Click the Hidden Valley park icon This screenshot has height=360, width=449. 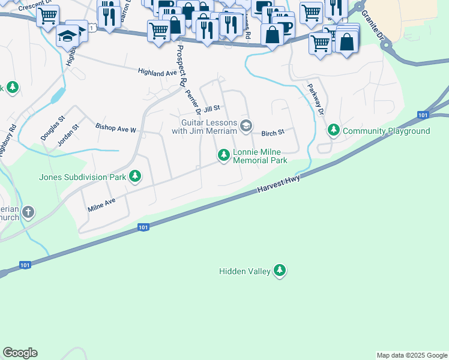point(279,271)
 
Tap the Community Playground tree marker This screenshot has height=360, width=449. point(333,130)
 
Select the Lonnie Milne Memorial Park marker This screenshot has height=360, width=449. point(224,156)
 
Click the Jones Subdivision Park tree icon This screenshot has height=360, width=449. point(136,176)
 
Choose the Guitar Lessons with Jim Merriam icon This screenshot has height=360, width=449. point(246,125)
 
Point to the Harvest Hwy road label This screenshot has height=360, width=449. point(279,184)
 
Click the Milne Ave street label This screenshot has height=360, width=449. point(101,205)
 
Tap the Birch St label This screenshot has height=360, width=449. point(272,133)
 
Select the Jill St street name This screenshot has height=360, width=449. point(212,109)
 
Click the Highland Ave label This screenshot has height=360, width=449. point(157,73)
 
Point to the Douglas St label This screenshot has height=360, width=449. point(49,128)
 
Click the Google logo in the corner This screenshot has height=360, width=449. point(20,353)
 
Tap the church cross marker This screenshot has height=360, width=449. point(28,212)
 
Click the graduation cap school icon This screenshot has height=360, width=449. point(68,36)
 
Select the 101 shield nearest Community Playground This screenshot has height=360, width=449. point(423,115)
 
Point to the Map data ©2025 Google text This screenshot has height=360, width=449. point(411,355)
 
